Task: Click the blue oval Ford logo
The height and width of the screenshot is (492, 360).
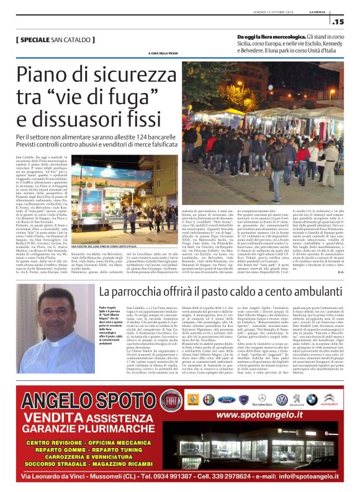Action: tap(227, 399)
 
